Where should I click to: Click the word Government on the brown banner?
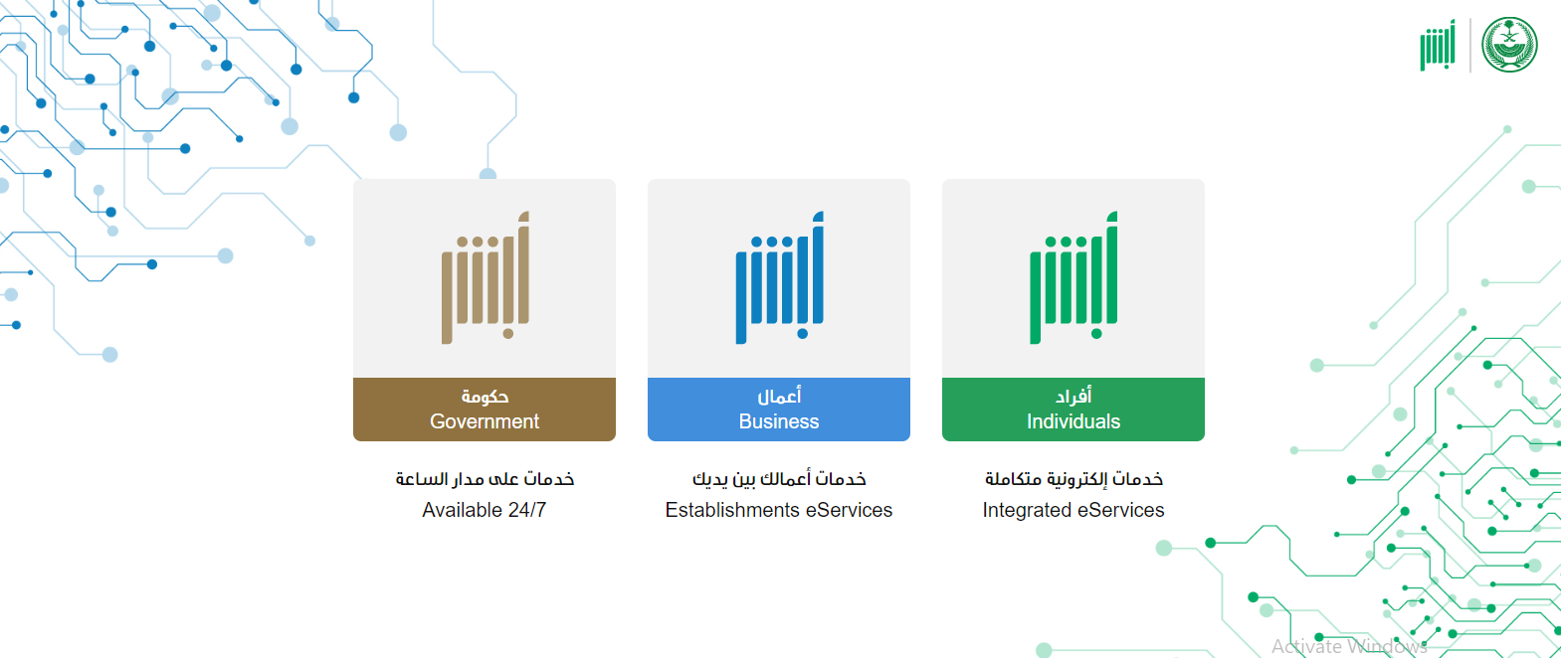(485, 421)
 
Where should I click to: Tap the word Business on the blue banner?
(778, 421)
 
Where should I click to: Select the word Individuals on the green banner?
(1073, 421)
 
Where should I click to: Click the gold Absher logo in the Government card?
(486, 277)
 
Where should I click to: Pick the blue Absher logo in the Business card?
(779, 277)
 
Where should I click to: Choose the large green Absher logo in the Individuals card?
(1073, 277)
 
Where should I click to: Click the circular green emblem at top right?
(1509, 46)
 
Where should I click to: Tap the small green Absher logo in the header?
(1439, 46)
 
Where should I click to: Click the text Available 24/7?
(484, 510)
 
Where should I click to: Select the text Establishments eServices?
(778, 510)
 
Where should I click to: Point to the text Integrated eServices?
(1073, 510)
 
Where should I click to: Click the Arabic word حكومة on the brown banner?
(485, 397)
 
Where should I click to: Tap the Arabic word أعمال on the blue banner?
(779, 397)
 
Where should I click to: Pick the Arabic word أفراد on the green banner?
(1073, 397)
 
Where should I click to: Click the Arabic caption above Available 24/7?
(485, 479)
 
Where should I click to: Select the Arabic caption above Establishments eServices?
(779, 479)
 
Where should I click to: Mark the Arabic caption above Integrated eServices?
(1073, 479)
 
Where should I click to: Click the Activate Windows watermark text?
(1349, 646)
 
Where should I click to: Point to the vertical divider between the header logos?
(1470, 46)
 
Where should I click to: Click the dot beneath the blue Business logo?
(802, 334)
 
